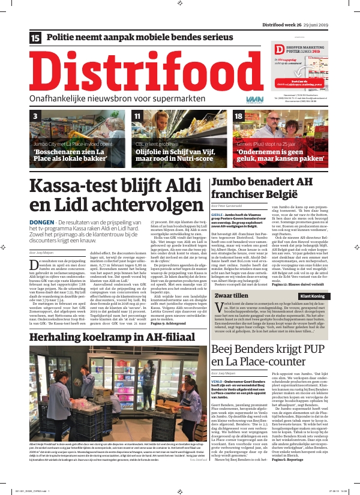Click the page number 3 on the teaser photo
point(35,116)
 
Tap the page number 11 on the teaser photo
point(137,116)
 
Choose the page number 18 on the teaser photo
point(239,116)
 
